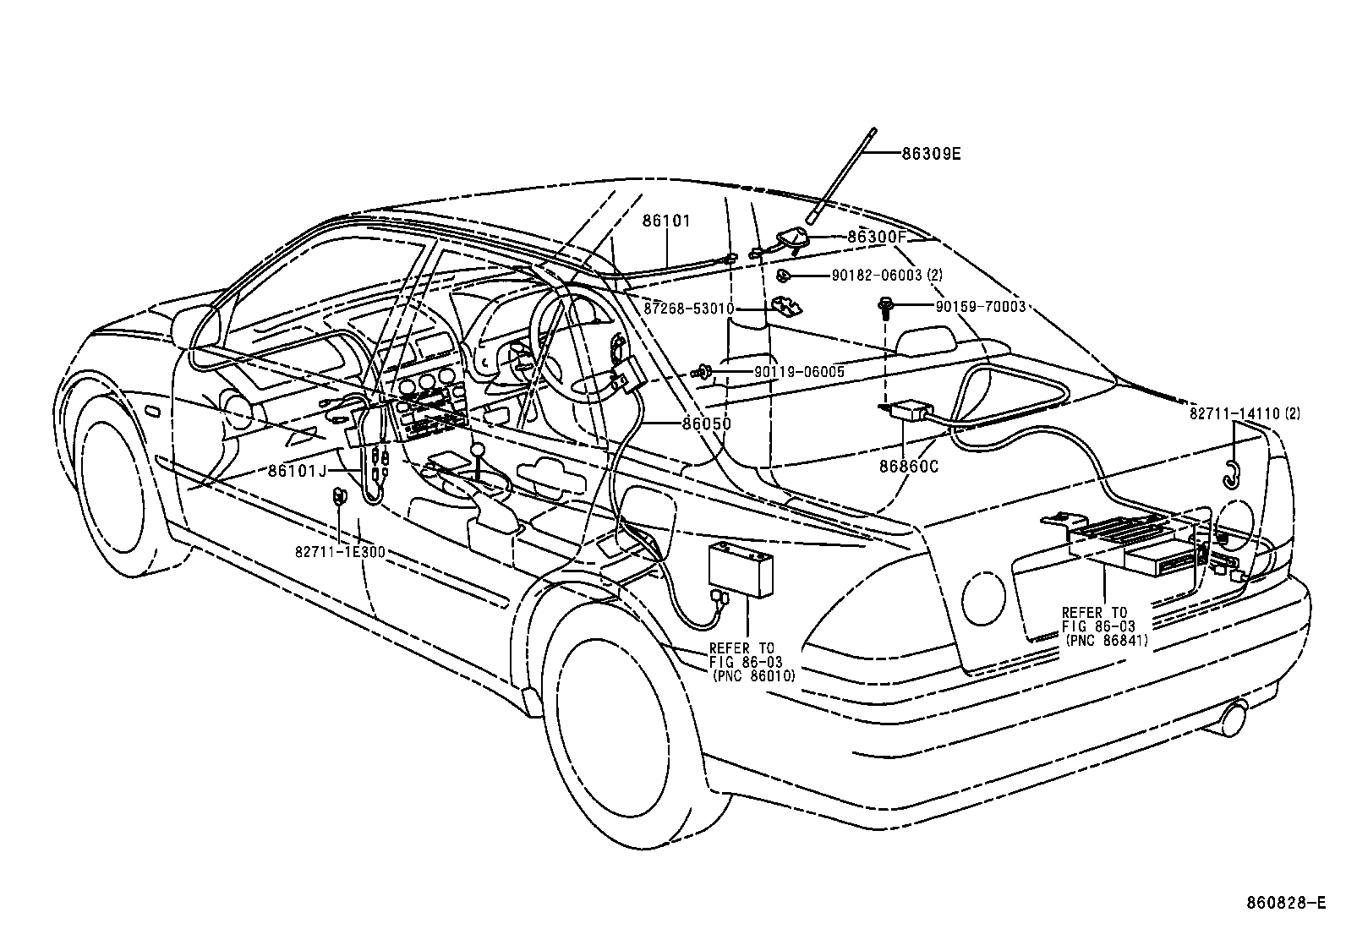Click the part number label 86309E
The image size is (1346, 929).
pyautogui.click(x=931, y=154)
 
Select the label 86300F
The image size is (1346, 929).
pyautogui.click(x=876, y=238)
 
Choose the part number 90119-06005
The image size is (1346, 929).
pyautogui.click(x=799, y=371)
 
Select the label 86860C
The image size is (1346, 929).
pyautogui.click(x=908, y=465)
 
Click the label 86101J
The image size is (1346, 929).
pyautogui.click(x=297, y=470)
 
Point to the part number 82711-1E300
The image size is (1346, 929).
pyautogui.click(x=340, y=552)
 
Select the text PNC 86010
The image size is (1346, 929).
pyautogui.click(x=753, y=676)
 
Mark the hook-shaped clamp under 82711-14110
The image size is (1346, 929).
pyautogui.click(x=1232, y=476)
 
